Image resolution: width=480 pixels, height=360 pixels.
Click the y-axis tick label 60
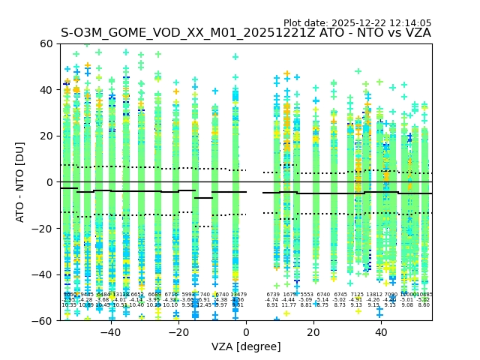[46, 43]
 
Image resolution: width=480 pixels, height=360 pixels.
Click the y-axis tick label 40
[46, 90]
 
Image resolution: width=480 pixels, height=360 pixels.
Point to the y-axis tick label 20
[46, 136]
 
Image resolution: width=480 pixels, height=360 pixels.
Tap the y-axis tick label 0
[49, 182]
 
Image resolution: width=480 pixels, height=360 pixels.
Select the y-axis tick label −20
[43, 228]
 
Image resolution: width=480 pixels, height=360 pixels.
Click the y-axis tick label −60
[43, 320]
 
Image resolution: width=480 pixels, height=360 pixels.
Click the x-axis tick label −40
[110, 332]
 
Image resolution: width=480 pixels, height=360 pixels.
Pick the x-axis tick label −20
[178, 332]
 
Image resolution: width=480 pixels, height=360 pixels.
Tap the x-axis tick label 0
[246, 332]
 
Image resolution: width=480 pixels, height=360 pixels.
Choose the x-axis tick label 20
[313, 332]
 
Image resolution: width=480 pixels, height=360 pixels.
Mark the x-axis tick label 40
[381, 332]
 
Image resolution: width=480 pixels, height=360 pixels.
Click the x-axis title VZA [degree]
[246, 346]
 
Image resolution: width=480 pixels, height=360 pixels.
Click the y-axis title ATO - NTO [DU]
[20, 182]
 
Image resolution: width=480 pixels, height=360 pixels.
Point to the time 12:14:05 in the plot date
[410, 23]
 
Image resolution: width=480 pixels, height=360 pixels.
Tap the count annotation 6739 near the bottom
[272, 295]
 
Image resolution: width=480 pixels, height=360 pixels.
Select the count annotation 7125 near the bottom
[356, 295]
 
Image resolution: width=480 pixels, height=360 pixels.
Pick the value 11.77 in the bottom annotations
[289, 305]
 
